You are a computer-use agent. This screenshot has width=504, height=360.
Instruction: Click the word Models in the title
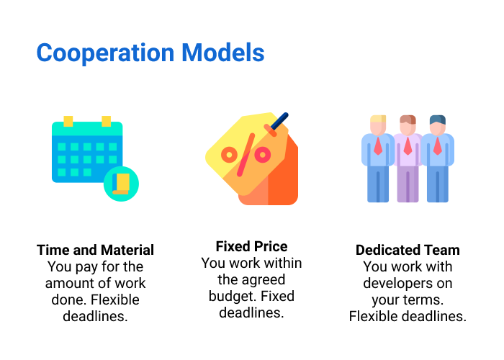point(222,53)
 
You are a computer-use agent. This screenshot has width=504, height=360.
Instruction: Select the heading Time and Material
point(95,251)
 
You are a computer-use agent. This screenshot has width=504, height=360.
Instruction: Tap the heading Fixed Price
point(251,246)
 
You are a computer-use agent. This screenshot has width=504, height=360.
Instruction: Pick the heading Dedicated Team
point(408,251)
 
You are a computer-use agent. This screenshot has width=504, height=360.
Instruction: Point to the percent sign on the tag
point(246,154)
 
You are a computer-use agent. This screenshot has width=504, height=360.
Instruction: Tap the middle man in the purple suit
point(408,158)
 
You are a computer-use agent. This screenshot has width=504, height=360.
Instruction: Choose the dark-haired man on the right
point(437,158)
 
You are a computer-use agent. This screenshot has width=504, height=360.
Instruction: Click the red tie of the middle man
point(408,147)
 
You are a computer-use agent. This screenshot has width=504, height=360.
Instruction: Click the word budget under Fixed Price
point(232,296)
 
